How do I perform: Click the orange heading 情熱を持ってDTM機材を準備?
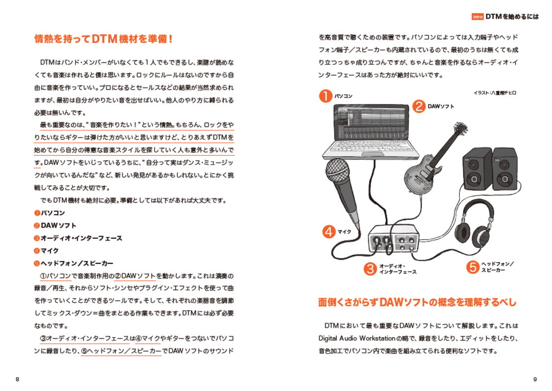(x=104, y=39)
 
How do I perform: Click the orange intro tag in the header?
(x=477, y=17)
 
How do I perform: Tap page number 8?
(x=18, y=379)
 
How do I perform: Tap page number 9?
(x=535, y=379)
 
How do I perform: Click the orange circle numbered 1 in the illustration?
(x=325, y=96)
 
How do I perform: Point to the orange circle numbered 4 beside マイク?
(x=329, y=232)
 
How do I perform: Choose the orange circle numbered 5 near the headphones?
(x=472, y=267)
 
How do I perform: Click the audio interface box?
(x=394, y=241)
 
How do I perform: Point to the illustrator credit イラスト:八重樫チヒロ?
(x=495, y=93)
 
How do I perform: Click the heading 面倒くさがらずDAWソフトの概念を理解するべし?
(x=417, y=302)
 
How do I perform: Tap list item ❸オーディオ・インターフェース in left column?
(x=78, y=238)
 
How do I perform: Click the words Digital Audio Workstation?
(x=357, y=339)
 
